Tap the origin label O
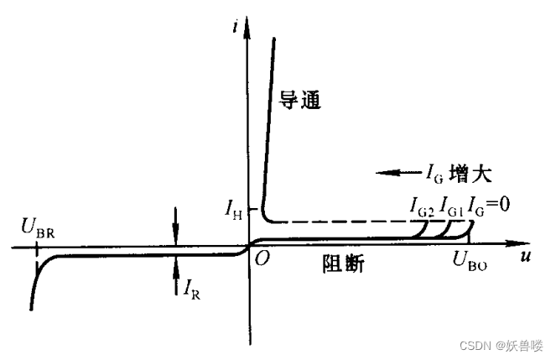262,260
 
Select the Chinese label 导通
301,102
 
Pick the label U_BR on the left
39,227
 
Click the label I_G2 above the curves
421,205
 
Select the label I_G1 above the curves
450,205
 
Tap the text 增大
474,174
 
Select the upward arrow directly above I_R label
176,267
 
